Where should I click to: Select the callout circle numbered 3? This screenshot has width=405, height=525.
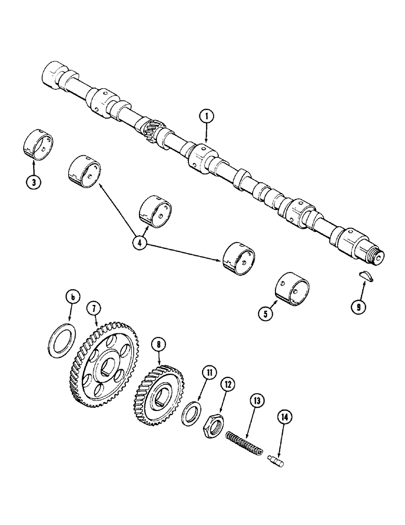[x=34, y=183]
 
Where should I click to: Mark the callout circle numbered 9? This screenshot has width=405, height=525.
[x=358, y=307]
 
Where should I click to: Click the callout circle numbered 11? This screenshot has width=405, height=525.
[x=209, y=374]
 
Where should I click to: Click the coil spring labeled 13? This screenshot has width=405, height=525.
[x=244, y=444]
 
